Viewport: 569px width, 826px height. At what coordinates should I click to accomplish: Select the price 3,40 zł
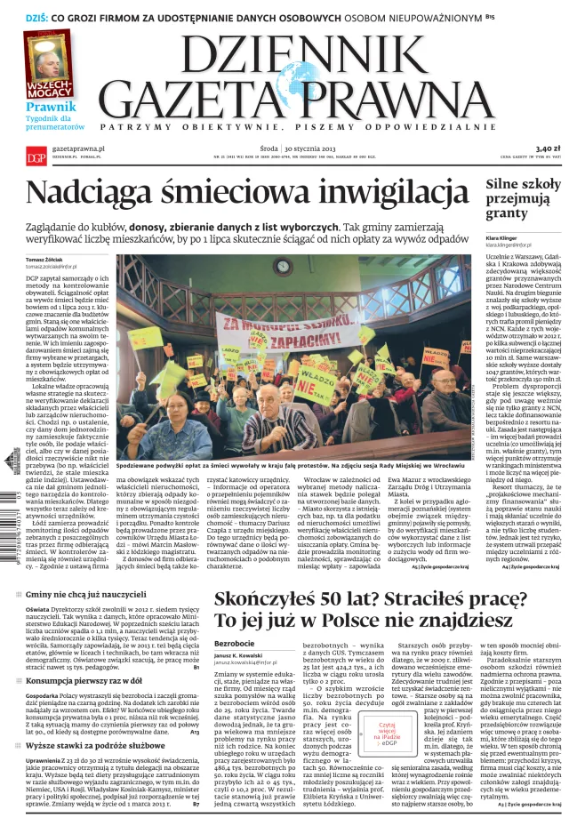548,149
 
